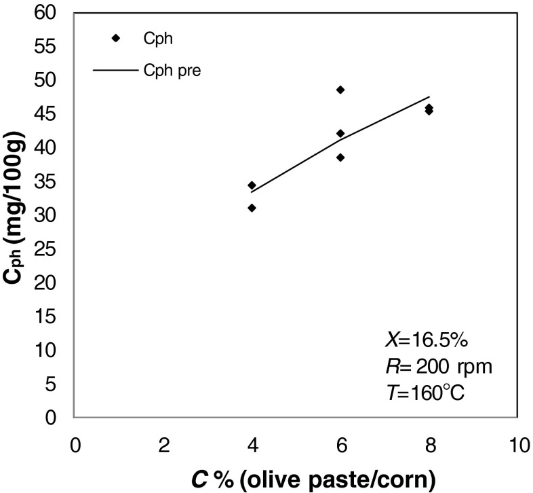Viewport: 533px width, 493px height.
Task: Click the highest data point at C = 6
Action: pos(340,90)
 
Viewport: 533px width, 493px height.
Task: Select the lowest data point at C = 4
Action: pos(252,208)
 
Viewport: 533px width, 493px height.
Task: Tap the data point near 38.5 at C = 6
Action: pos(340,158)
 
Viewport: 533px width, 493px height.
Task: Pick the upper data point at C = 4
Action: pos(252,185)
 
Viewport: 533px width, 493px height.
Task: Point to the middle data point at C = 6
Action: pos(340,133)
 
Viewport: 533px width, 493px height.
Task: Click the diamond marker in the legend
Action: pos(116,39)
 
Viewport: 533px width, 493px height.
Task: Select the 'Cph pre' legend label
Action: pos(172,70)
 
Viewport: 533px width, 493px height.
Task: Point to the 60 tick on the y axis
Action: pos(50,13)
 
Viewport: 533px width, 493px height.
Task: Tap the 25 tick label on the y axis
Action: pos(50,249)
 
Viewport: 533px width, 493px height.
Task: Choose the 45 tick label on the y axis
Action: pos(50,114)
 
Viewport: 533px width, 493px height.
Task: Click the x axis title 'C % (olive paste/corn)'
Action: pos(296,479)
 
